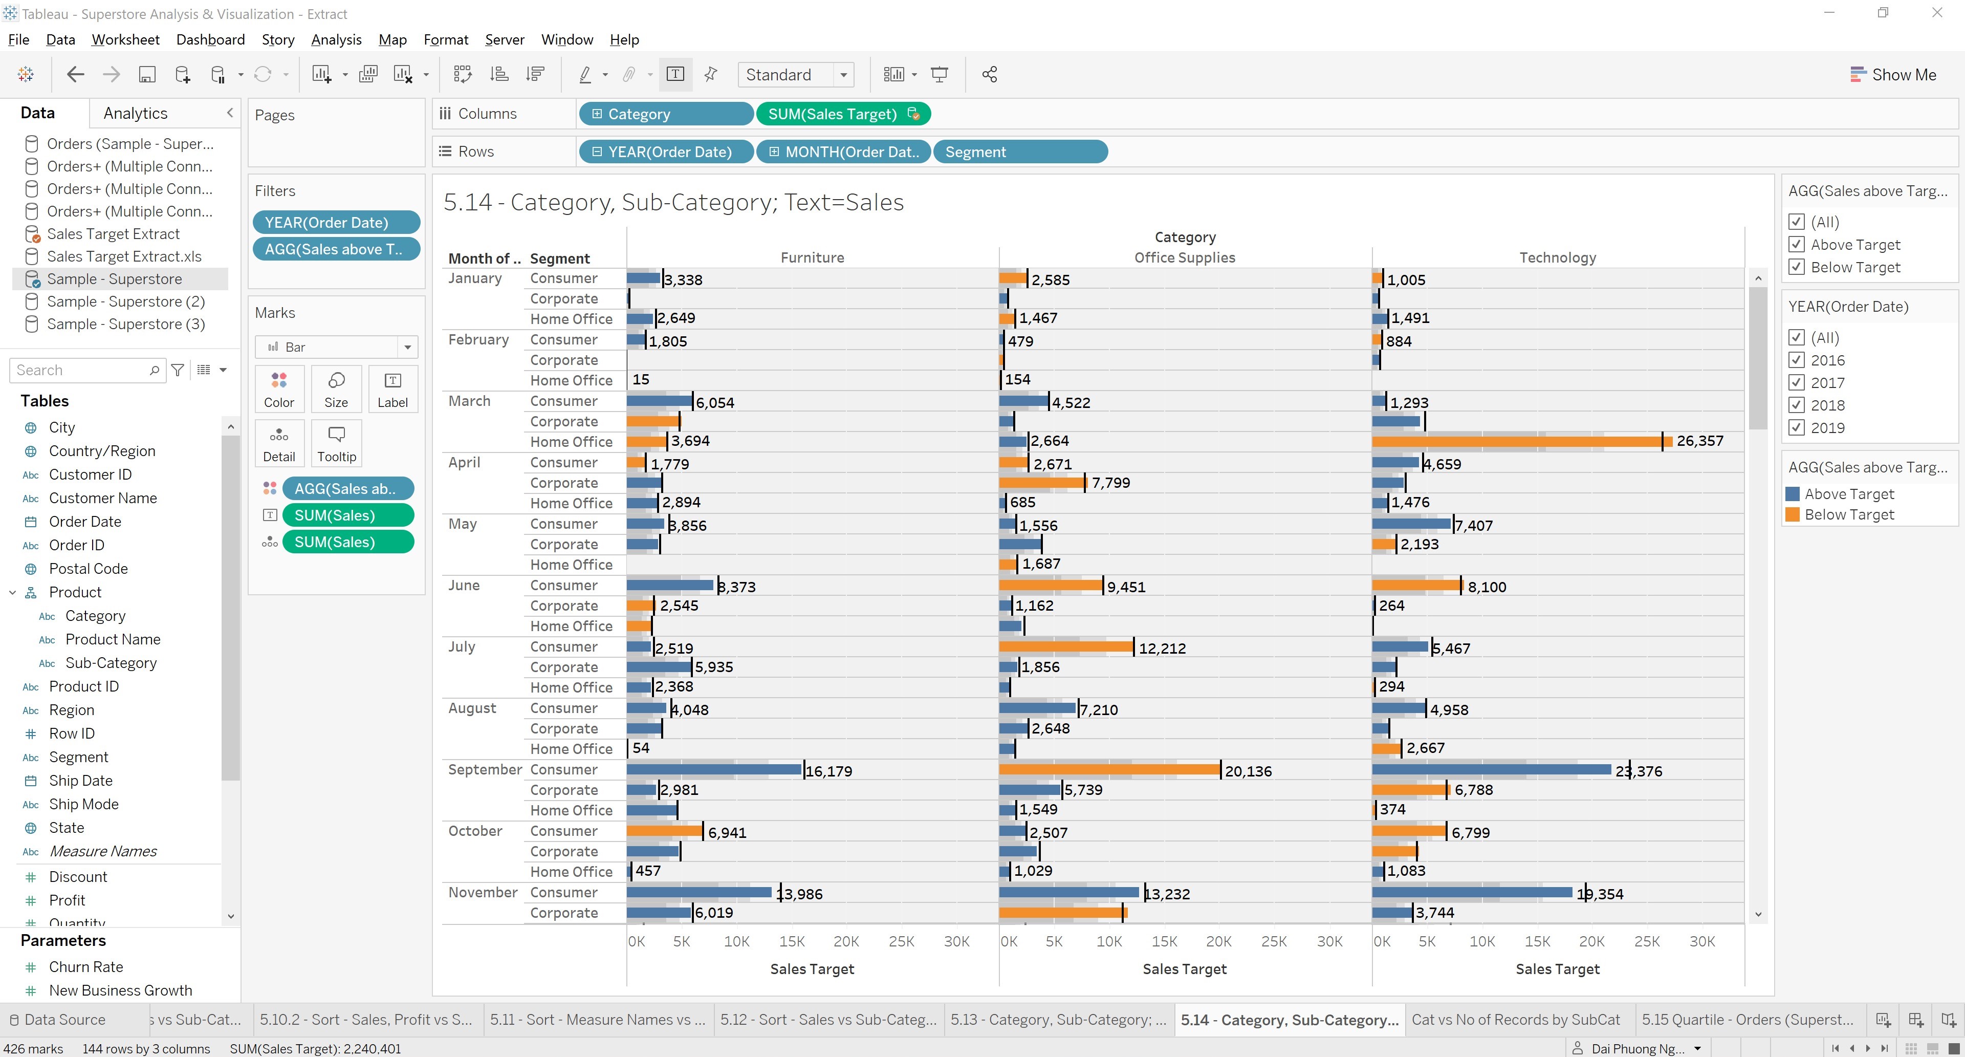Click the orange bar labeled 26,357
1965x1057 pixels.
1518,441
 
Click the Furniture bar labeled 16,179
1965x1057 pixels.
713,769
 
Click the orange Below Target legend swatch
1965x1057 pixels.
1793,514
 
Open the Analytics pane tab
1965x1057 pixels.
135,113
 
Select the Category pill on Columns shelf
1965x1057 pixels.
665,114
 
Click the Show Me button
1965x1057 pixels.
1893,74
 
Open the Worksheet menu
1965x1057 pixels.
125,40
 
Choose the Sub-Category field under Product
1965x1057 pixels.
111,662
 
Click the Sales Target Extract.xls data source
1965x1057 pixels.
123,256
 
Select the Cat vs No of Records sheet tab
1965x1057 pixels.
1515,1020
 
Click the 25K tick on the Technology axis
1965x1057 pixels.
1646,941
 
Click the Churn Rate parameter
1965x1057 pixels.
85,967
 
